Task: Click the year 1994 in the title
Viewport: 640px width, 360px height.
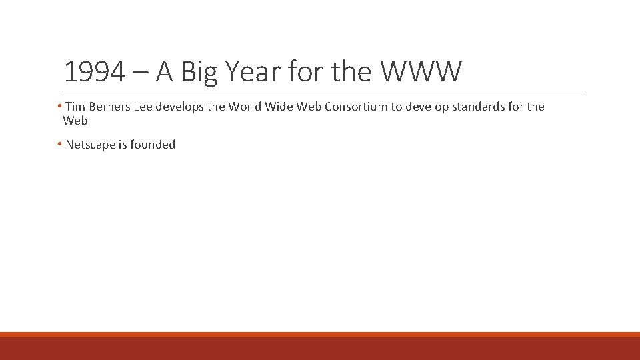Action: point(94,72)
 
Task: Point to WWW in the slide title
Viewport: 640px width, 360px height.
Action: point(420,72)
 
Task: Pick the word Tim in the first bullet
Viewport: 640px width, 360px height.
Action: point(76,107)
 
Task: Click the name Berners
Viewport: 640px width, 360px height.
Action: point(109,107)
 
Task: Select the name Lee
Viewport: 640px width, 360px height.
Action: point(143,107)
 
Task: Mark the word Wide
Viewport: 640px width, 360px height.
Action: point(279,107)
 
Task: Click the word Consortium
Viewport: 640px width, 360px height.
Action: point(354,107)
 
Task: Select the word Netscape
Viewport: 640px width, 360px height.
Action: point(91,145)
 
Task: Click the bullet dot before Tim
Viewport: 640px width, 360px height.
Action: point(60,107)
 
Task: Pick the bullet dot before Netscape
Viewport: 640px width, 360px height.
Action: point(60,144)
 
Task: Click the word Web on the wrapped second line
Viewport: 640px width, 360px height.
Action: point(75,121)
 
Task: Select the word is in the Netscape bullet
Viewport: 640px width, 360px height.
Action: point(123,145)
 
